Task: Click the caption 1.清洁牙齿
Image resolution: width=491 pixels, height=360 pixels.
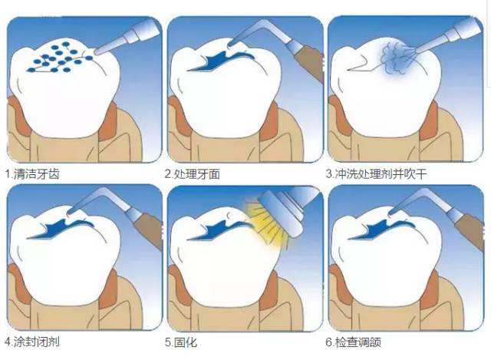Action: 32,174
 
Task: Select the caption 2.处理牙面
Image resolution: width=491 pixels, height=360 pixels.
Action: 193,174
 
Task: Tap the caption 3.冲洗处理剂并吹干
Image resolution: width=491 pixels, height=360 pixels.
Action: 376,173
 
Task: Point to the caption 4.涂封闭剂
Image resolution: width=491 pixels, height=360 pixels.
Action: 32,342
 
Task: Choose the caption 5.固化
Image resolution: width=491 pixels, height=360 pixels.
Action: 181,342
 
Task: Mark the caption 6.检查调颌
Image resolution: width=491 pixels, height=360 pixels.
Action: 353,342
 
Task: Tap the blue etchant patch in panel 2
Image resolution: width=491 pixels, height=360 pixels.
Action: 219,61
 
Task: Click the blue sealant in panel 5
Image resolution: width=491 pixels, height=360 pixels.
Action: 220,230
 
